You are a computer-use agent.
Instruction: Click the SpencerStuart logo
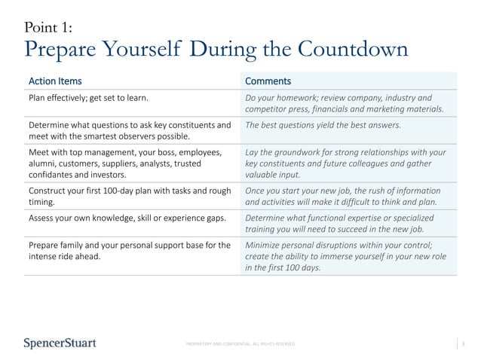(60, 343)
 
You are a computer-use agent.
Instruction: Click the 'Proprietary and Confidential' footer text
(240, 344)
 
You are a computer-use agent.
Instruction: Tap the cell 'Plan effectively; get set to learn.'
(88, 98)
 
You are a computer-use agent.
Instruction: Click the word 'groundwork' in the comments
(294, 151)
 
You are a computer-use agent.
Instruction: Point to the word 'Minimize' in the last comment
(267, 244)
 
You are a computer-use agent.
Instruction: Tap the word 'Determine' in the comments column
(269, 217)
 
